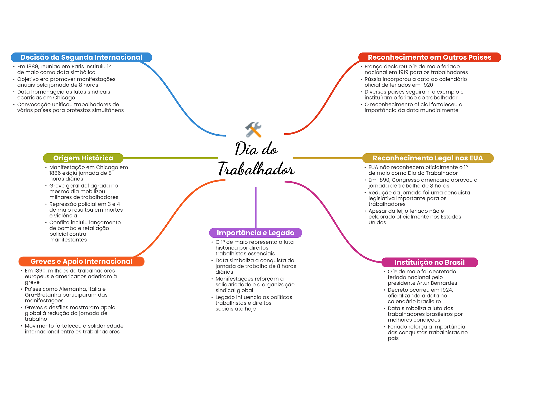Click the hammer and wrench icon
(x=253, y=130)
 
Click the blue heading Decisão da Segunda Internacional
(x=81, y=57)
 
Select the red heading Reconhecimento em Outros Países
(x=429, y=57)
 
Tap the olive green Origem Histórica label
(x=83, y=158)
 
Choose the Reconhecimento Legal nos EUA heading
(x=427, y=158)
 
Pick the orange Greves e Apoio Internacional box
(x=81, y=261)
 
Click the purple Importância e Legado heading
(x=255, y=233)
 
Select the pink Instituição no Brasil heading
(x=429, y=262)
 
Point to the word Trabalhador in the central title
(x=256, y=169)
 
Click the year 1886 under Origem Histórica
(x=55, y=173)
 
